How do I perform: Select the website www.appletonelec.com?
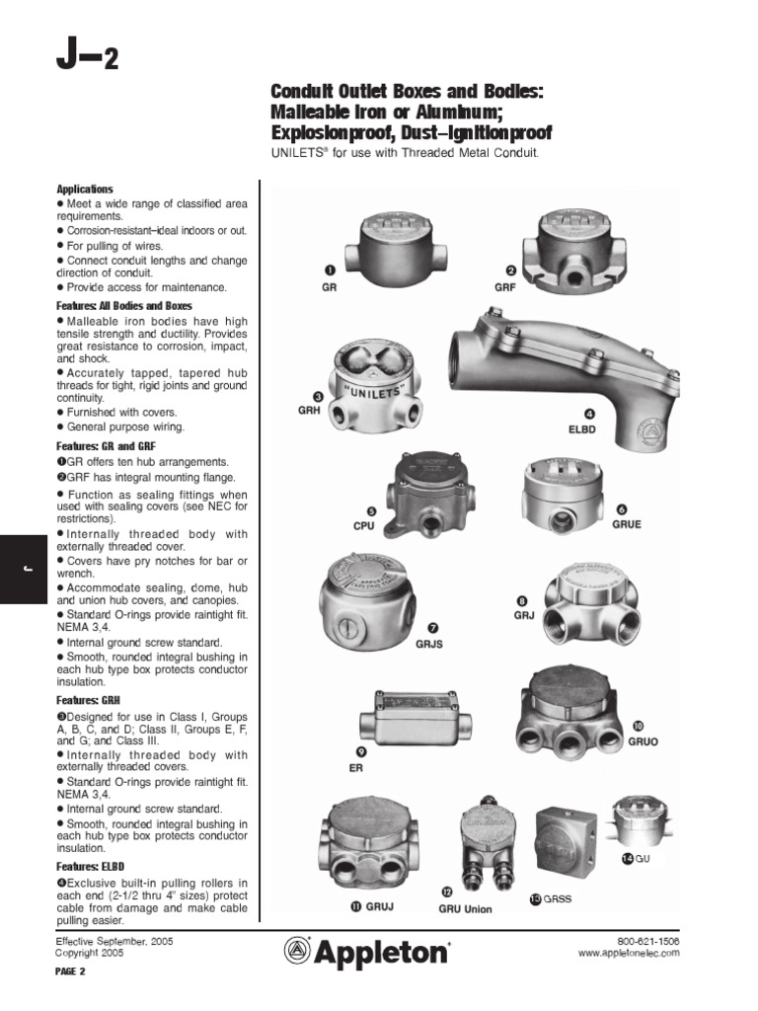629,955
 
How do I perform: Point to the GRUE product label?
626,523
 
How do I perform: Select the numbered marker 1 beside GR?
329,270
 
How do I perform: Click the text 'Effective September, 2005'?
114,942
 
